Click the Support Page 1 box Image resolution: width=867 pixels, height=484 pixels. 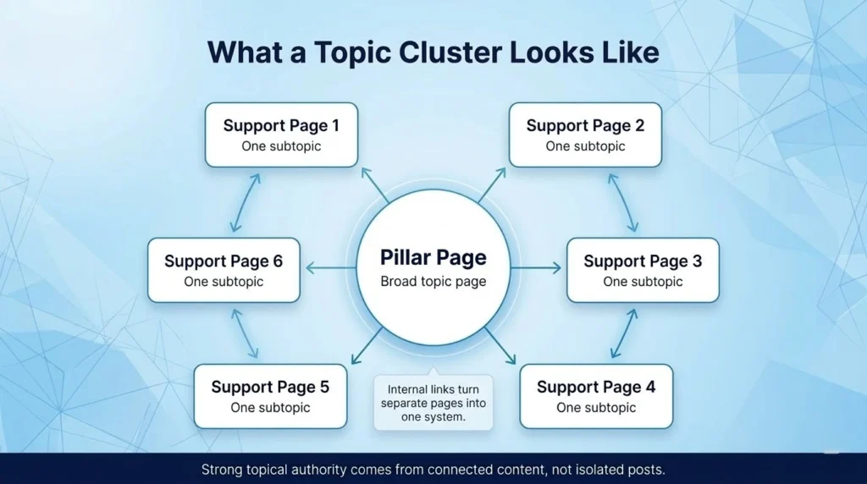(x=281, y=135)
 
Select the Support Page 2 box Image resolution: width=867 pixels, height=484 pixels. (x=585, y=135)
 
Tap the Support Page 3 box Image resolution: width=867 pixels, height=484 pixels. (x=643, y=270)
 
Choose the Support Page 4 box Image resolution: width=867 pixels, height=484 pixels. (x=596, y=396)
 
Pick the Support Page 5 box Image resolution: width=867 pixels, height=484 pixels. (x=270, y=396)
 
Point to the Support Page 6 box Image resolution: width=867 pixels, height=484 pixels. (x=224, y=270)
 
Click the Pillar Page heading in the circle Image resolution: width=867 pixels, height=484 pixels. (x=433, y=257)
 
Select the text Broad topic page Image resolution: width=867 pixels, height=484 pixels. (x=433, y=281)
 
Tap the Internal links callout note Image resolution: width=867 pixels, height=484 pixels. (x=433, y=403)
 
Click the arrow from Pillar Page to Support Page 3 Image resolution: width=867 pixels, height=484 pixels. (x=536, y=268)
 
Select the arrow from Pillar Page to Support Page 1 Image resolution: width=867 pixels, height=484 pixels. (x=374, y=184)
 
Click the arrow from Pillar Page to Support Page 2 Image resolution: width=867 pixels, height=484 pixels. (x=492, y=184)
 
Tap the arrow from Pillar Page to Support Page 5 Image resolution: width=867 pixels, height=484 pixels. (x=367, y=346)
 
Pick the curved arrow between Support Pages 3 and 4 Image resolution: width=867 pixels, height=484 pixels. (x=624, y=333)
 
